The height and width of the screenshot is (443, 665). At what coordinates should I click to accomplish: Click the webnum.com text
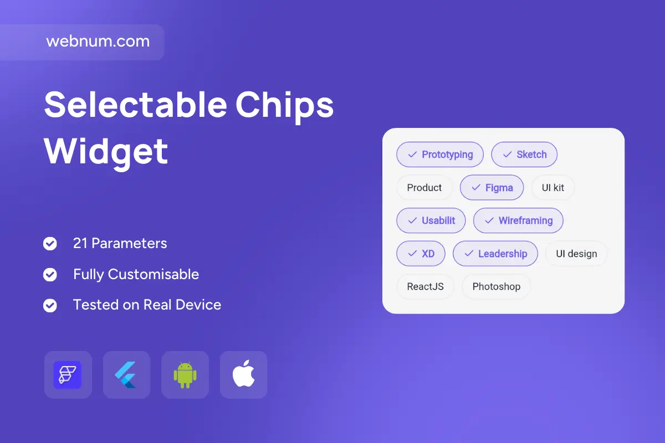click(x=98, y=41)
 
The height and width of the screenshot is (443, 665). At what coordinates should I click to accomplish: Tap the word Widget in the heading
click(x=106, y=152)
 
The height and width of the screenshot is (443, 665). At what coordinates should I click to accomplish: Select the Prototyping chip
click(x=439, y=154)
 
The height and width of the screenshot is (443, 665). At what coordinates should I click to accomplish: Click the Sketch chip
click(x=524, y=154)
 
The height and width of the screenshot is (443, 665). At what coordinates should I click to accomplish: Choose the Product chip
click(x=424, y=188)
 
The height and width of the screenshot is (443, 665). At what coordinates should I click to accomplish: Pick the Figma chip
click(x=492, y=188)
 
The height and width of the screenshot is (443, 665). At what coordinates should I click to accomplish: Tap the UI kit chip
click(x=553, y=188)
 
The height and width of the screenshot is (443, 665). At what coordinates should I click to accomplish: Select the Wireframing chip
click(x=518, y=220)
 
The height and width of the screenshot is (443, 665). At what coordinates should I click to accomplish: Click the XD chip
click(x=421, y=254)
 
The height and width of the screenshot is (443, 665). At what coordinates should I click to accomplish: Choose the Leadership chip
click(x=495, y=254)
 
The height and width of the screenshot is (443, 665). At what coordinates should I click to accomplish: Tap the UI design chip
click(x=576, y=254)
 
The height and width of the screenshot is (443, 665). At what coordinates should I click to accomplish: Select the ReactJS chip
click(x=425, y=287)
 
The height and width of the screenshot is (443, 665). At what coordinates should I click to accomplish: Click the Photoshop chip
click(x=496, y=287)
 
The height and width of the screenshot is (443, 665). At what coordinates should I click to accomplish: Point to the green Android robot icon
click(x=185, y=375)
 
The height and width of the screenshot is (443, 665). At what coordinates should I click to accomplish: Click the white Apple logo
click(x=243, y=374)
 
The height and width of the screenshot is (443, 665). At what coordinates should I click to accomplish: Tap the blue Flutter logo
click(x=126, y=375)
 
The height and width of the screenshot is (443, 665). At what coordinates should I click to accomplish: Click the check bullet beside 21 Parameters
click(x=50, y=244)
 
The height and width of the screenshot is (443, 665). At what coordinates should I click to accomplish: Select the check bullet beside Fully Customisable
click(x=50, y=275)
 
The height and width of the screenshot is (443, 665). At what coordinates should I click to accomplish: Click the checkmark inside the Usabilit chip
click(x=412, y=221)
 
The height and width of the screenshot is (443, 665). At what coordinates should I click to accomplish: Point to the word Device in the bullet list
click(x=198, y=305)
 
